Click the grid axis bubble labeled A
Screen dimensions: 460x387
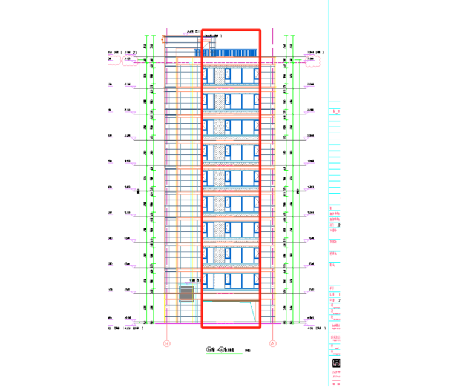273,343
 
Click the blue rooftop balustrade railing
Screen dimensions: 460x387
231,53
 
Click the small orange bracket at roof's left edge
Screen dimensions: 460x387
163,39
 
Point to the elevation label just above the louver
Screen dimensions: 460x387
194,280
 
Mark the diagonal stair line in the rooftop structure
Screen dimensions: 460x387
211,44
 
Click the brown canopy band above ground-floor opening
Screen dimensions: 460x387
231,297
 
